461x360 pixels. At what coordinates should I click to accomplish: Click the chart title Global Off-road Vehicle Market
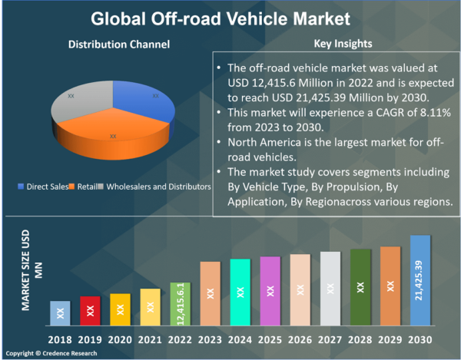(230, 16)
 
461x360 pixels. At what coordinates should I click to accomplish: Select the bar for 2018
(61, 312)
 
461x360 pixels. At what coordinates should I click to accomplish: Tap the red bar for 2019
(90, 309)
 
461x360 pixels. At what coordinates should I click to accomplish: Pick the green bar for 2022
(180, 302)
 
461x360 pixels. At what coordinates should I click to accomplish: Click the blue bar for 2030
(419, 279)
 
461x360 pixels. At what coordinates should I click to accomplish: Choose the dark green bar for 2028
(360, 286)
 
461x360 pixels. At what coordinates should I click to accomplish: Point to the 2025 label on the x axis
(270, 339)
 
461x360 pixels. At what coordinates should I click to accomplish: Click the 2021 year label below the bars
(150, 339)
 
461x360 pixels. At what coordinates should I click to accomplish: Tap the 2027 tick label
(330, 339)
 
